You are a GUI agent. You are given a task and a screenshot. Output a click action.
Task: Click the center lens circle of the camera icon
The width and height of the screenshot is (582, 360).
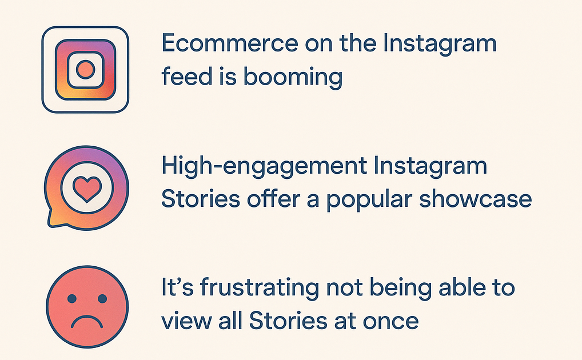[x=85, y=69]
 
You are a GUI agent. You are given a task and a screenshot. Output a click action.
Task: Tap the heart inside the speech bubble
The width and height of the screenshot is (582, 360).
[x=87, y=189]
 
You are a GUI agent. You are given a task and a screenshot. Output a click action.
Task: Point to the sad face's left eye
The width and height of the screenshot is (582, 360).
[x=72, y=298]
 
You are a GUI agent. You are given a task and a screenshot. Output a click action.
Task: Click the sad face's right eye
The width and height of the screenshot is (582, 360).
[x=102, y=298]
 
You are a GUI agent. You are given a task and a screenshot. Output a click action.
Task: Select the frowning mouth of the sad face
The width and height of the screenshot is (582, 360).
[x=87, y=321]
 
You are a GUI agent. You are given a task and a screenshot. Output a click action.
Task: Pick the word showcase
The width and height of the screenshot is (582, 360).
[x=476, y=199]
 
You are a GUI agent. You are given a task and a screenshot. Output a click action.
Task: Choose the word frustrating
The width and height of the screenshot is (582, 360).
[x=260, y=289]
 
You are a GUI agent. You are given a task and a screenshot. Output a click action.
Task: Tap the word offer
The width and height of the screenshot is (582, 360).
[x=274, y=199]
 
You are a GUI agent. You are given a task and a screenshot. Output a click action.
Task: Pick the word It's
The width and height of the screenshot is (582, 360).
[x=177, y=287]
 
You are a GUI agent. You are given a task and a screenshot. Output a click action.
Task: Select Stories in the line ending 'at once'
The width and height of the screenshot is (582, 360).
[x=288, y=321]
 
